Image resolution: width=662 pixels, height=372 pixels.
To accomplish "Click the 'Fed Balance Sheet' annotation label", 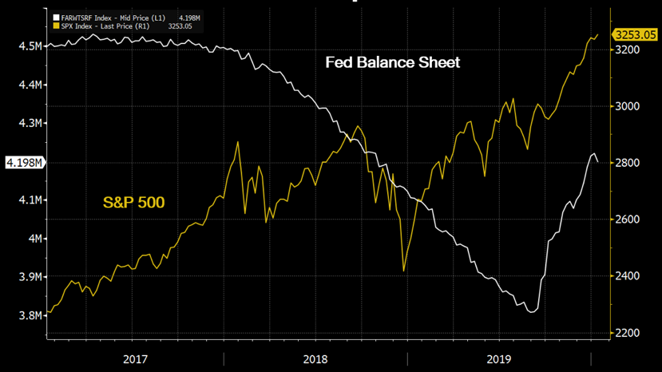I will click(392, 62).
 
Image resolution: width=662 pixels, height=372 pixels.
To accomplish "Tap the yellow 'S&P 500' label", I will click(133, 203).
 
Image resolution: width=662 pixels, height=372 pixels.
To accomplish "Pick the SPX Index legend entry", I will click(112, 26).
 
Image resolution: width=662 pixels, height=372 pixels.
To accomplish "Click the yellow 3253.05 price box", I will click(635, 34).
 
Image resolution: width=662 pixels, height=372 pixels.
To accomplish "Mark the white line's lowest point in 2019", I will click(532, 311).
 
